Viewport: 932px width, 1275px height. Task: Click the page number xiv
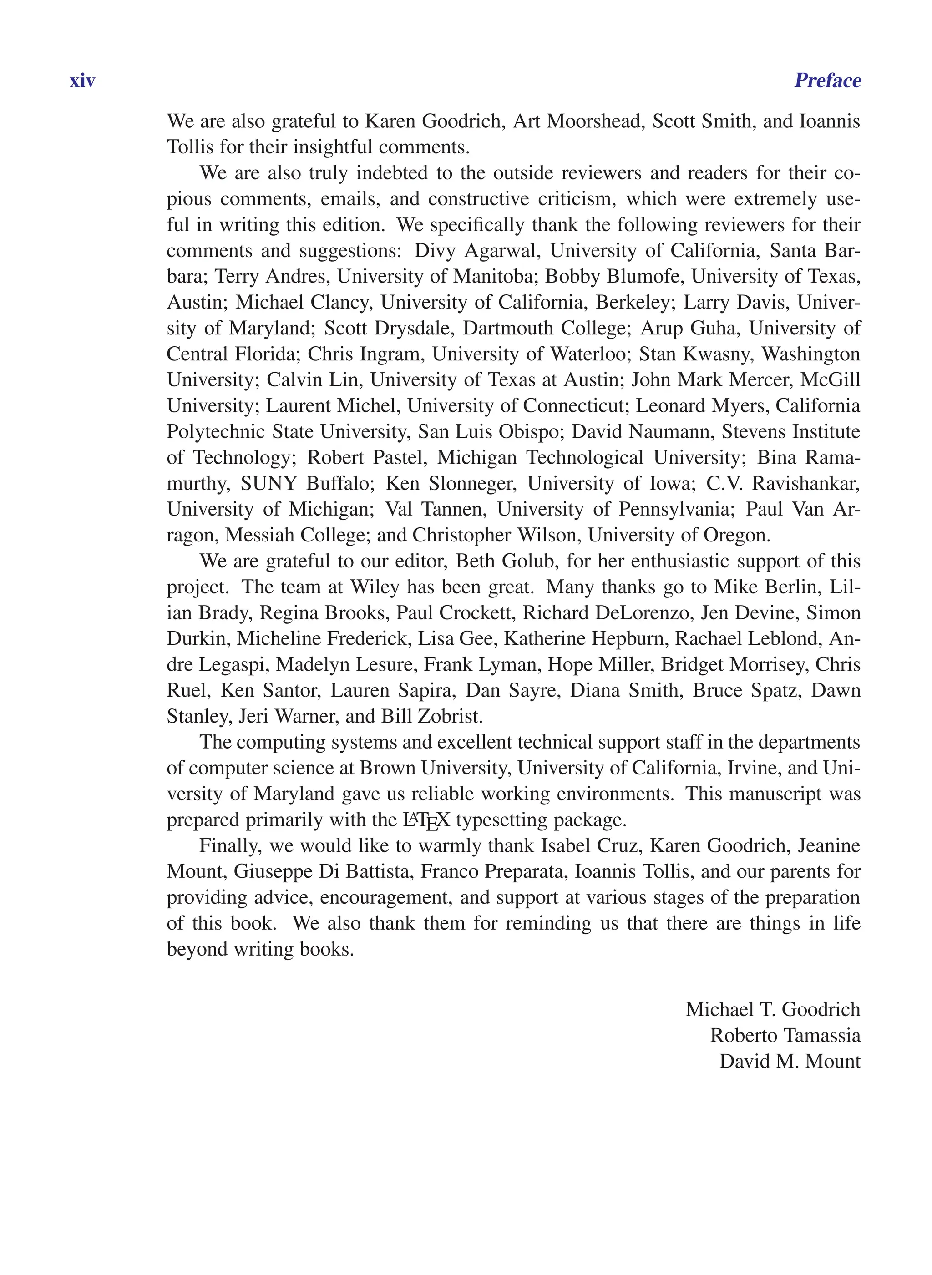pos(82,81)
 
